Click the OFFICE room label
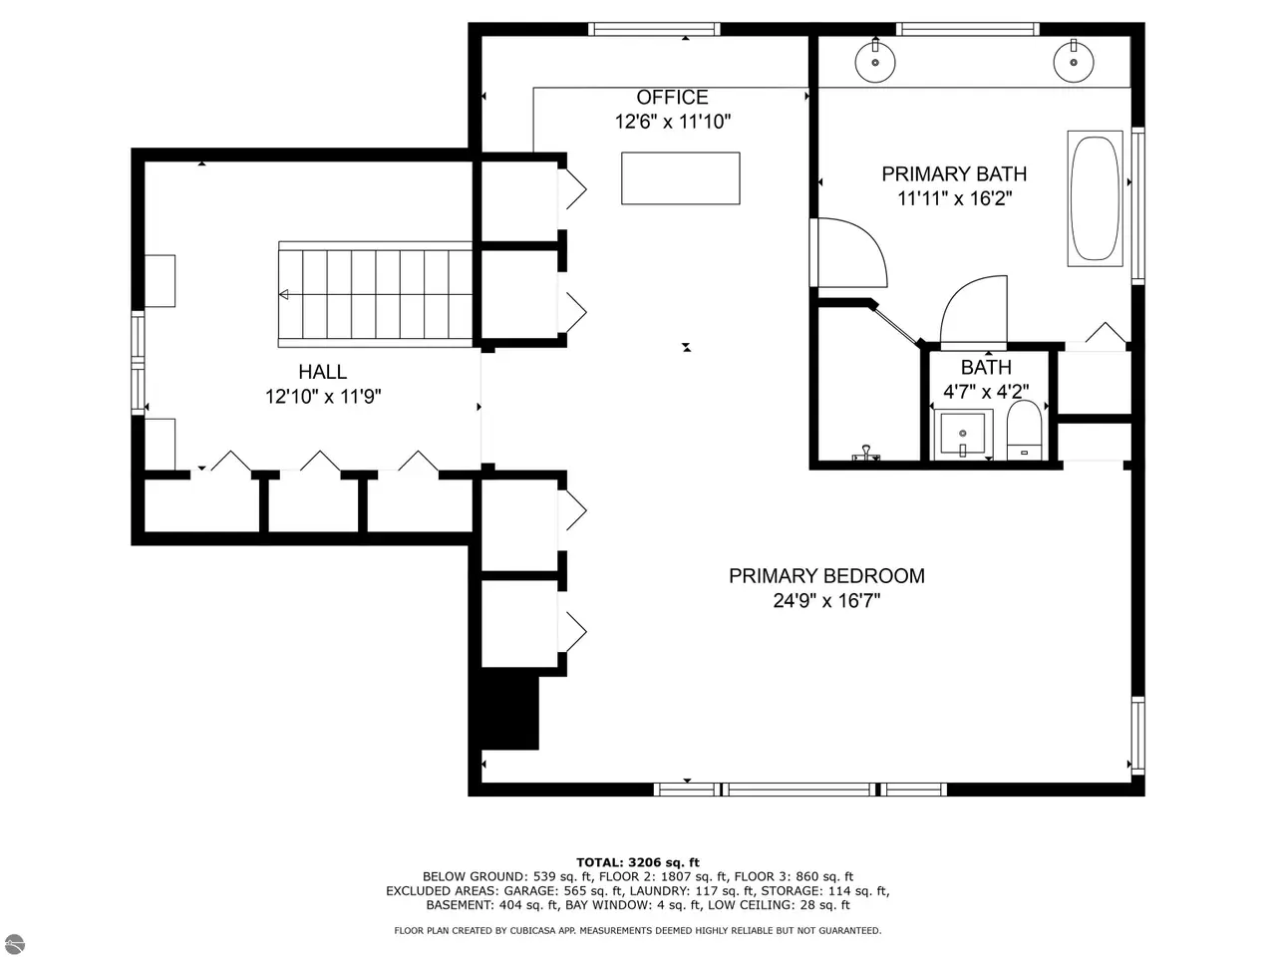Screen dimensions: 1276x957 click(x=672, y=97)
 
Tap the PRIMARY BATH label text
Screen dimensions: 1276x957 click(x=954, y=173)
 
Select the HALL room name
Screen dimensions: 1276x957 click(x=323, y=371)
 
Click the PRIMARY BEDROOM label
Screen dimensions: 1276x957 click(x=826, y=576)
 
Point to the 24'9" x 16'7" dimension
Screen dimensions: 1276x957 click(x=826, y=600)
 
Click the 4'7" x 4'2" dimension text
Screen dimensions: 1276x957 click(x=986, y=392)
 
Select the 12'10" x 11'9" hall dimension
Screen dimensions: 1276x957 click(x=323, y=397)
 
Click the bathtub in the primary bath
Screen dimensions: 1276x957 click(x=1095, y=198)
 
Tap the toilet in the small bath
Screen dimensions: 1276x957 click(x=1024, y=430)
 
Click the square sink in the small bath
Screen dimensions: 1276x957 click(x=963, y=434)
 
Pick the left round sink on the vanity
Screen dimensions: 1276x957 click(x=875, y=62)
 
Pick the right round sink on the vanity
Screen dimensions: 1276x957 click(x=1073, y=62)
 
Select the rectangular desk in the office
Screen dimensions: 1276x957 click(x=680, y=178)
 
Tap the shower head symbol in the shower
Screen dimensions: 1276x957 click(x=865, y=454)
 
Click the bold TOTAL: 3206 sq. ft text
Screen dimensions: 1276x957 click(x=638, y=862)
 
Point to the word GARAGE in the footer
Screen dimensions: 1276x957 click(x=528, y=891)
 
